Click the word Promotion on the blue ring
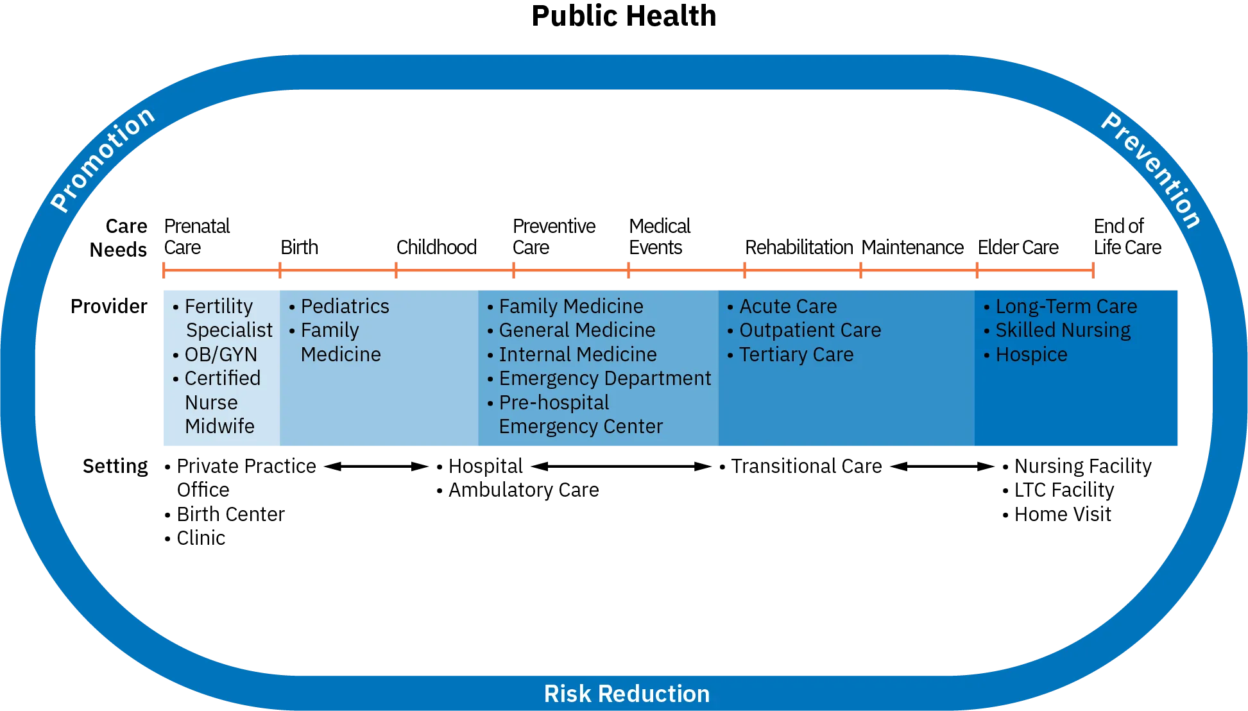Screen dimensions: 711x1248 click(x=103, y=159)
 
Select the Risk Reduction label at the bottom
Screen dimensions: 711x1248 click(x=626, y=694)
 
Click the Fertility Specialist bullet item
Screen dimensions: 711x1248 click(x=222, y=318)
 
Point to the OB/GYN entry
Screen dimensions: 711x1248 click(x=220, y=354)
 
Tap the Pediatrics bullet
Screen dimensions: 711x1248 click(x=344, y=306)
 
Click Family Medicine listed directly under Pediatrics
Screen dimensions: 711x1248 click(x=339, y=342)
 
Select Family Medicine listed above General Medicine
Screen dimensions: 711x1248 click(x=570, y=306)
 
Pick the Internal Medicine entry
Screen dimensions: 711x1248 click(x=577, y=354)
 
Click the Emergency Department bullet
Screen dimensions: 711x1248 click(x=604, y=379)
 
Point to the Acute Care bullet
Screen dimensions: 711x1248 click(x=787, y=306)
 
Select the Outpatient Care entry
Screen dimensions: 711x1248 click(x=809, y=330)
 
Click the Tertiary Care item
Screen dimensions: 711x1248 click(x=796, y=354)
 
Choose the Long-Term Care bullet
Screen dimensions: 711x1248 click(x=1065, y=306)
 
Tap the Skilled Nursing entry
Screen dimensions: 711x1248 click(x=1062, y=330)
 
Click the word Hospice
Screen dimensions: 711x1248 click(x=1030, y=354)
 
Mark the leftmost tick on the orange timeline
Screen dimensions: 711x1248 click(x=164, y=271)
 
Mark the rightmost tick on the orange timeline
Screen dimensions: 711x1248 click(x=1093, y=271)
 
